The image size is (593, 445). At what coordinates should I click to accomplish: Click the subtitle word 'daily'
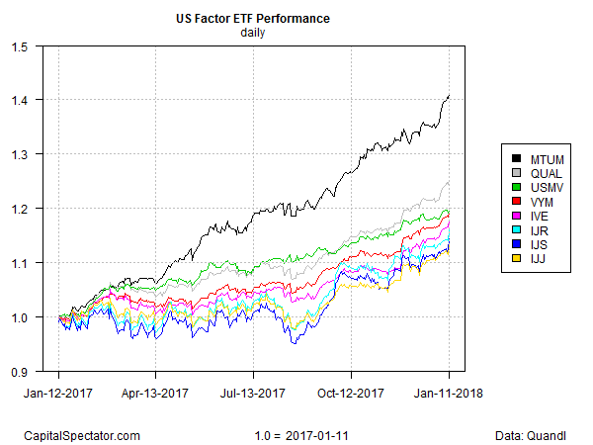254,33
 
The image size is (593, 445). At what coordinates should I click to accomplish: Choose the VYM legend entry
537,203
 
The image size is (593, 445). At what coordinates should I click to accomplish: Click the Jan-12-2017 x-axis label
58,393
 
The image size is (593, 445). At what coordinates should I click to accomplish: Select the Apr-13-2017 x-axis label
156,393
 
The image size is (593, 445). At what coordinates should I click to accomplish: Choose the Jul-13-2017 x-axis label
254,393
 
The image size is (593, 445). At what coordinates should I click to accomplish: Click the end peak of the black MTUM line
450,96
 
